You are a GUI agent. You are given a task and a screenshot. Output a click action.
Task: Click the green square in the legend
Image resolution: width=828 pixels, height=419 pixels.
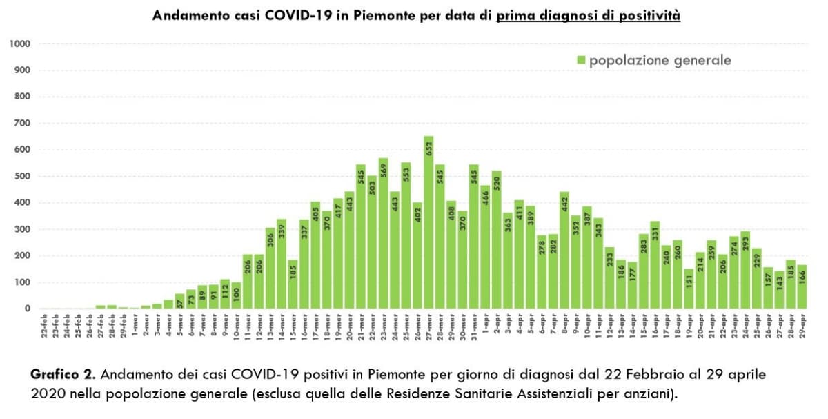[581, 61]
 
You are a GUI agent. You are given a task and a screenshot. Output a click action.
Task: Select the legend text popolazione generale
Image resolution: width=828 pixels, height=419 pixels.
[660, 61]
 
